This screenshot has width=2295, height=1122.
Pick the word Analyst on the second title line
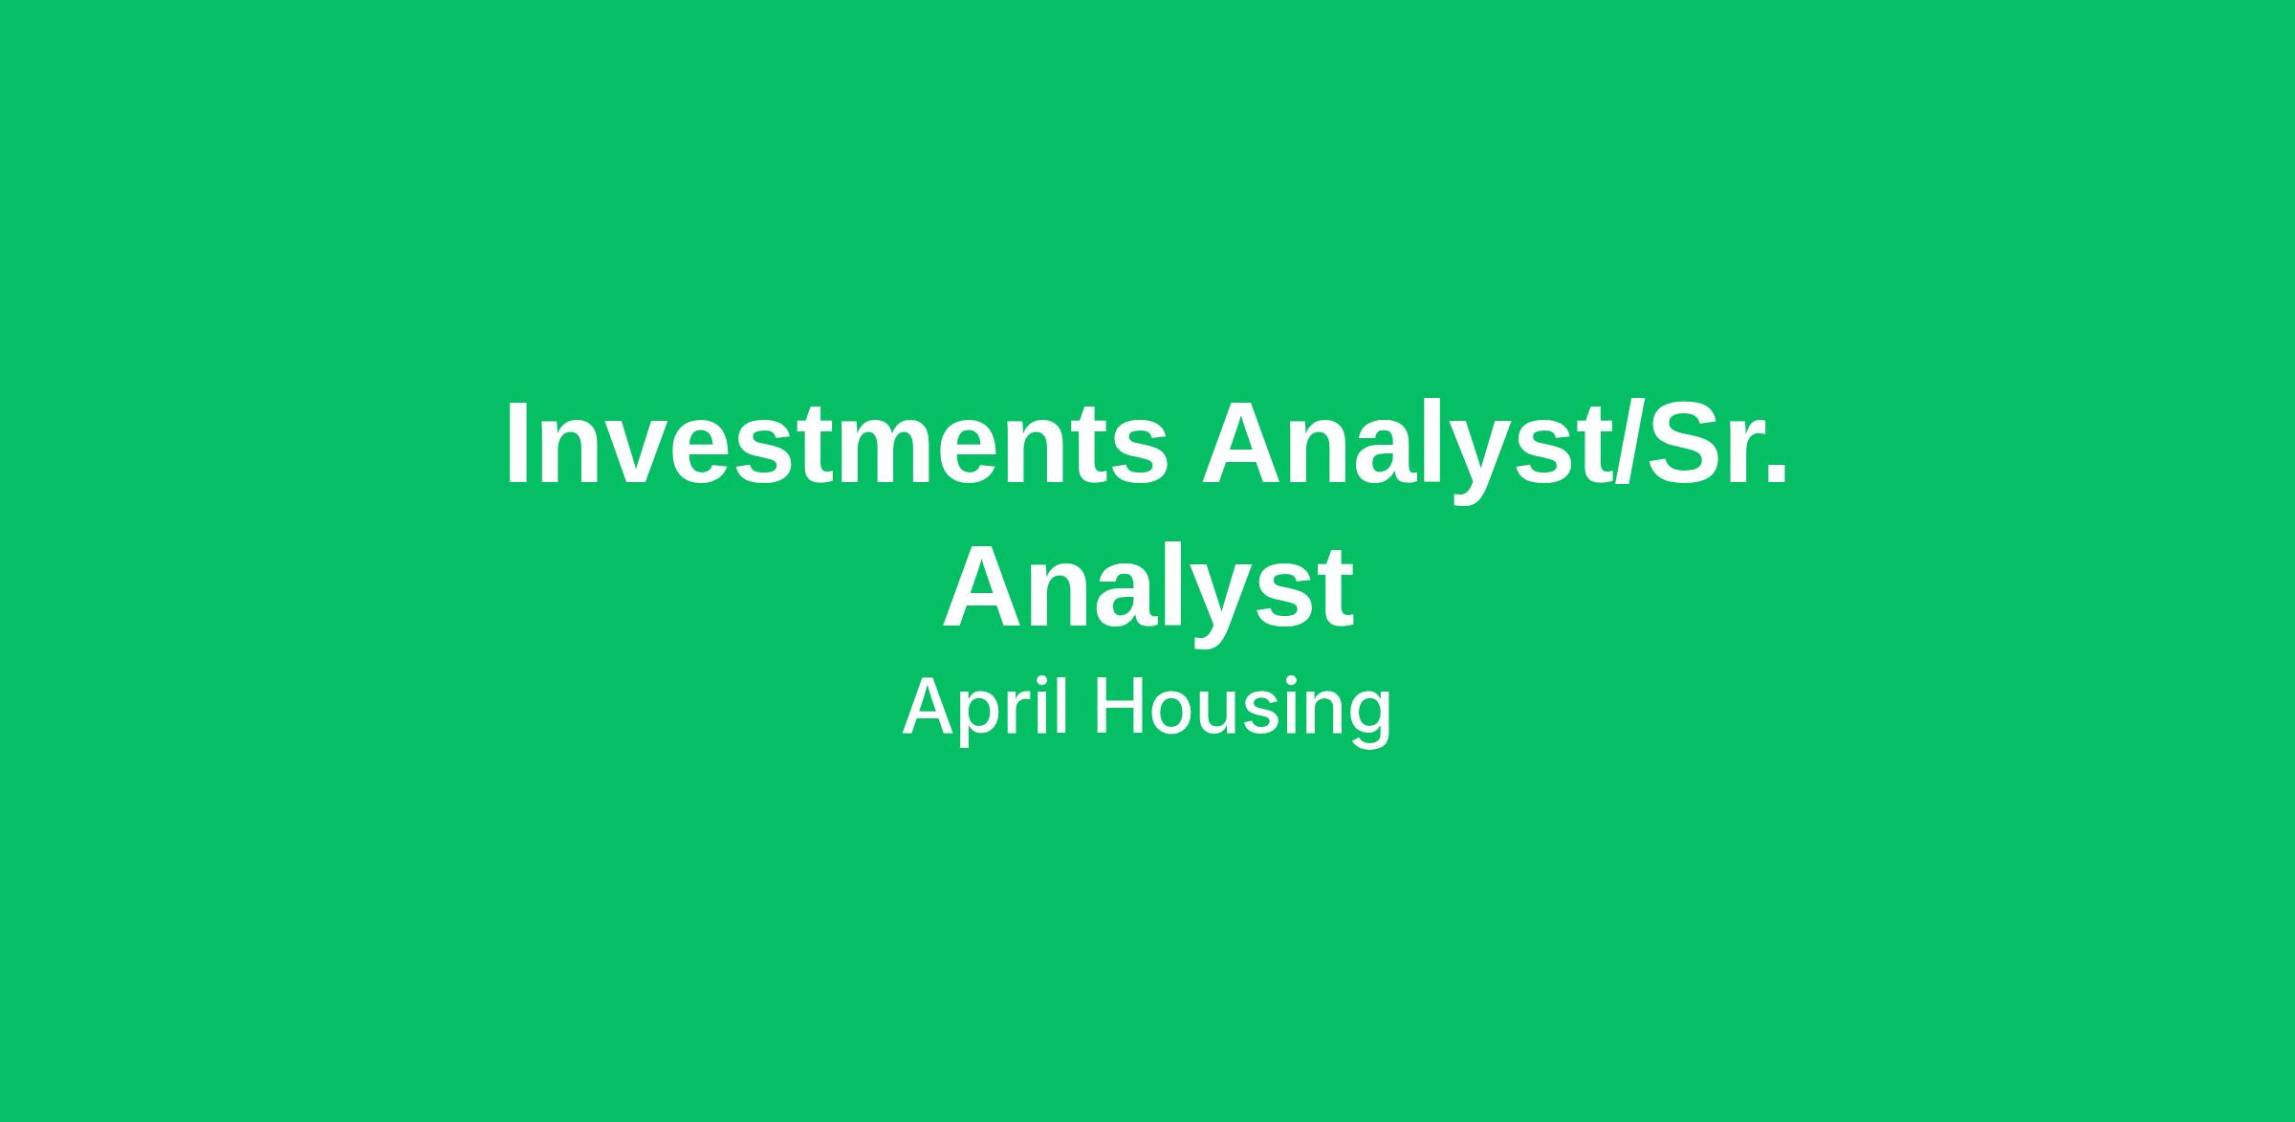(1147, 594)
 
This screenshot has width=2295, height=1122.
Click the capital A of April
(930, 706)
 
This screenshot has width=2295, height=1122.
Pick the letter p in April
(985, 718)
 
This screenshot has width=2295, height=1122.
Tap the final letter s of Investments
(1137, 454)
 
